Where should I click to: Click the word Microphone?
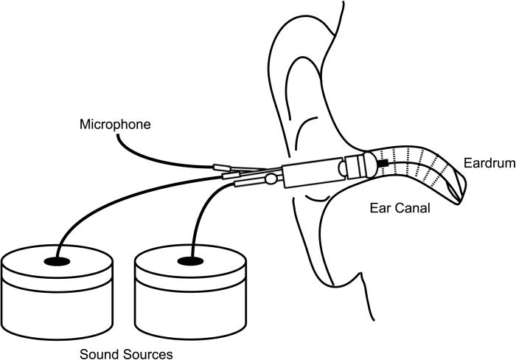pos(114,125)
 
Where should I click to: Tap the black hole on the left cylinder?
pos(57,262)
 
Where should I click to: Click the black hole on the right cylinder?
pos(190,262)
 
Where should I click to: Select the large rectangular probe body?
pos(310,173)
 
